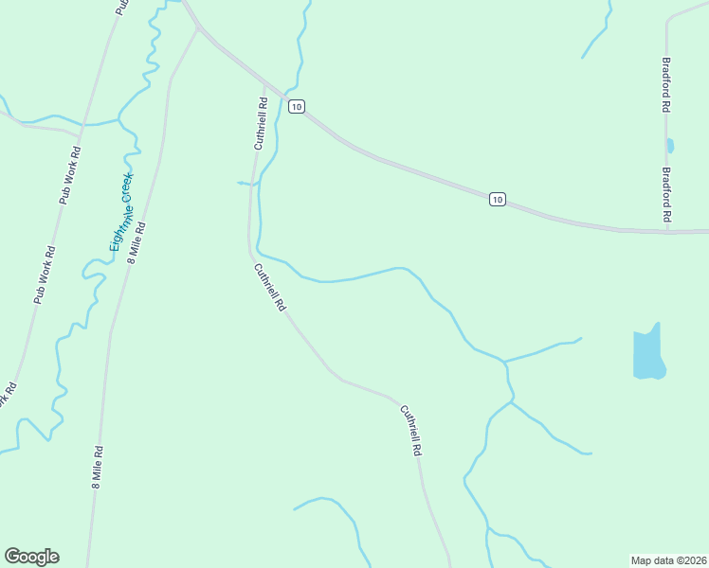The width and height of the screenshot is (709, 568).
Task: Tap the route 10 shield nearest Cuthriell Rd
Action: tap(297, 107)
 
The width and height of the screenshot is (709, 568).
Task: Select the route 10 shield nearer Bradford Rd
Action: tap(498, 199)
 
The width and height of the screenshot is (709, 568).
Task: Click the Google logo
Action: tap(31, 557)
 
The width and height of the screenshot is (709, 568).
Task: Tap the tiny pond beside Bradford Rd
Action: tap(670, 146)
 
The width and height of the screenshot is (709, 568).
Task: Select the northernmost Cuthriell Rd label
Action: tap(260, 122)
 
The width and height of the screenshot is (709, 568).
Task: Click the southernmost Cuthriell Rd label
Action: tap(409, 432)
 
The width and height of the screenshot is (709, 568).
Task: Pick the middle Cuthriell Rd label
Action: tap(269, 287)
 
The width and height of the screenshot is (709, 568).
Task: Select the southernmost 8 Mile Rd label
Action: tap(97, 467)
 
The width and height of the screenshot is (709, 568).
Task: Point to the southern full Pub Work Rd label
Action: tap(44, 275)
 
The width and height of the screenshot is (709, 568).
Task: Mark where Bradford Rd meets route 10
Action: tap(666, 230)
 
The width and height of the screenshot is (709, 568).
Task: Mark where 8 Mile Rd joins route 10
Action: tap(198, 28)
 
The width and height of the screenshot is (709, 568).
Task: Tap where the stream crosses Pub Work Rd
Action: tap(82, 124)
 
